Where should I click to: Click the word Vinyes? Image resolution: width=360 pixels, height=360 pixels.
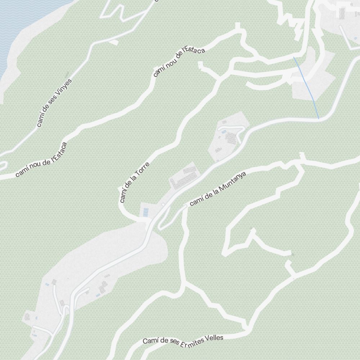(x=64, y=88)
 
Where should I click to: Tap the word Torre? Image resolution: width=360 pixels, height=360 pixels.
(x=142, y=171)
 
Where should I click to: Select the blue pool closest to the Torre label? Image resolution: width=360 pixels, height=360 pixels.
(x=145, y=212)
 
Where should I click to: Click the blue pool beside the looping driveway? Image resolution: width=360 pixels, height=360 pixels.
(x=224, y=132)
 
